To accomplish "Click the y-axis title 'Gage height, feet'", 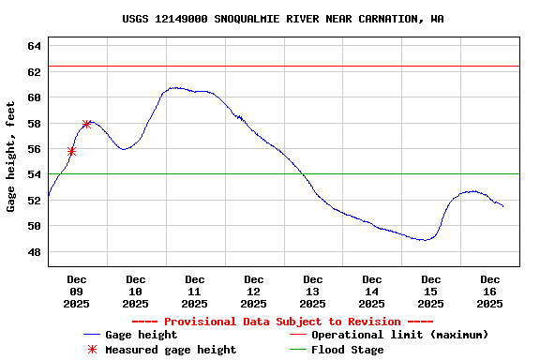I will pyautogui.click(x=11, y=157).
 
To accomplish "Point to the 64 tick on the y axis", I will pyautogui.click(x=34, y=46).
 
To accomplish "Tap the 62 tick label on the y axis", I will pyautogui.click(x=34, y=72).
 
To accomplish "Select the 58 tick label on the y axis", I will pyautogui.click(x=34, y=124).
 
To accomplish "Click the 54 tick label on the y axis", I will pyautogui.click(x=34, y=175).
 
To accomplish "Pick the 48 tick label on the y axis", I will pyautogui.click(x=34, y=252).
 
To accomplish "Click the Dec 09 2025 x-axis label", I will pyautogui.click(x=77, y=291).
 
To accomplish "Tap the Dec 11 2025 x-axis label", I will pyautogui.click(x=195, y=291).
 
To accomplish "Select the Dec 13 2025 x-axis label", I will pyautogui.click(x=313, y=291).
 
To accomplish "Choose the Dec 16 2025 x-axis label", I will pyautogui.click(x=490, y=291).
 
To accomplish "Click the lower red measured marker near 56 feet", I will pyautogui.click(x=71, y=151).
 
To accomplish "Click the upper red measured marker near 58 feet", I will pyautogui.click(x=86, y=124).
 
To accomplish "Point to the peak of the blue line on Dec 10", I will pyautogui.click(x=174, y=88).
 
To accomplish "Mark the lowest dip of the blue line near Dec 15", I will pyautogui.click(x=425, y=240).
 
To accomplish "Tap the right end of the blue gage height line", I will pyautogui.click(x=503, y=206).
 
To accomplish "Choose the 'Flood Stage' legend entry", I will pyautogui.click(x=347, y=350).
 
